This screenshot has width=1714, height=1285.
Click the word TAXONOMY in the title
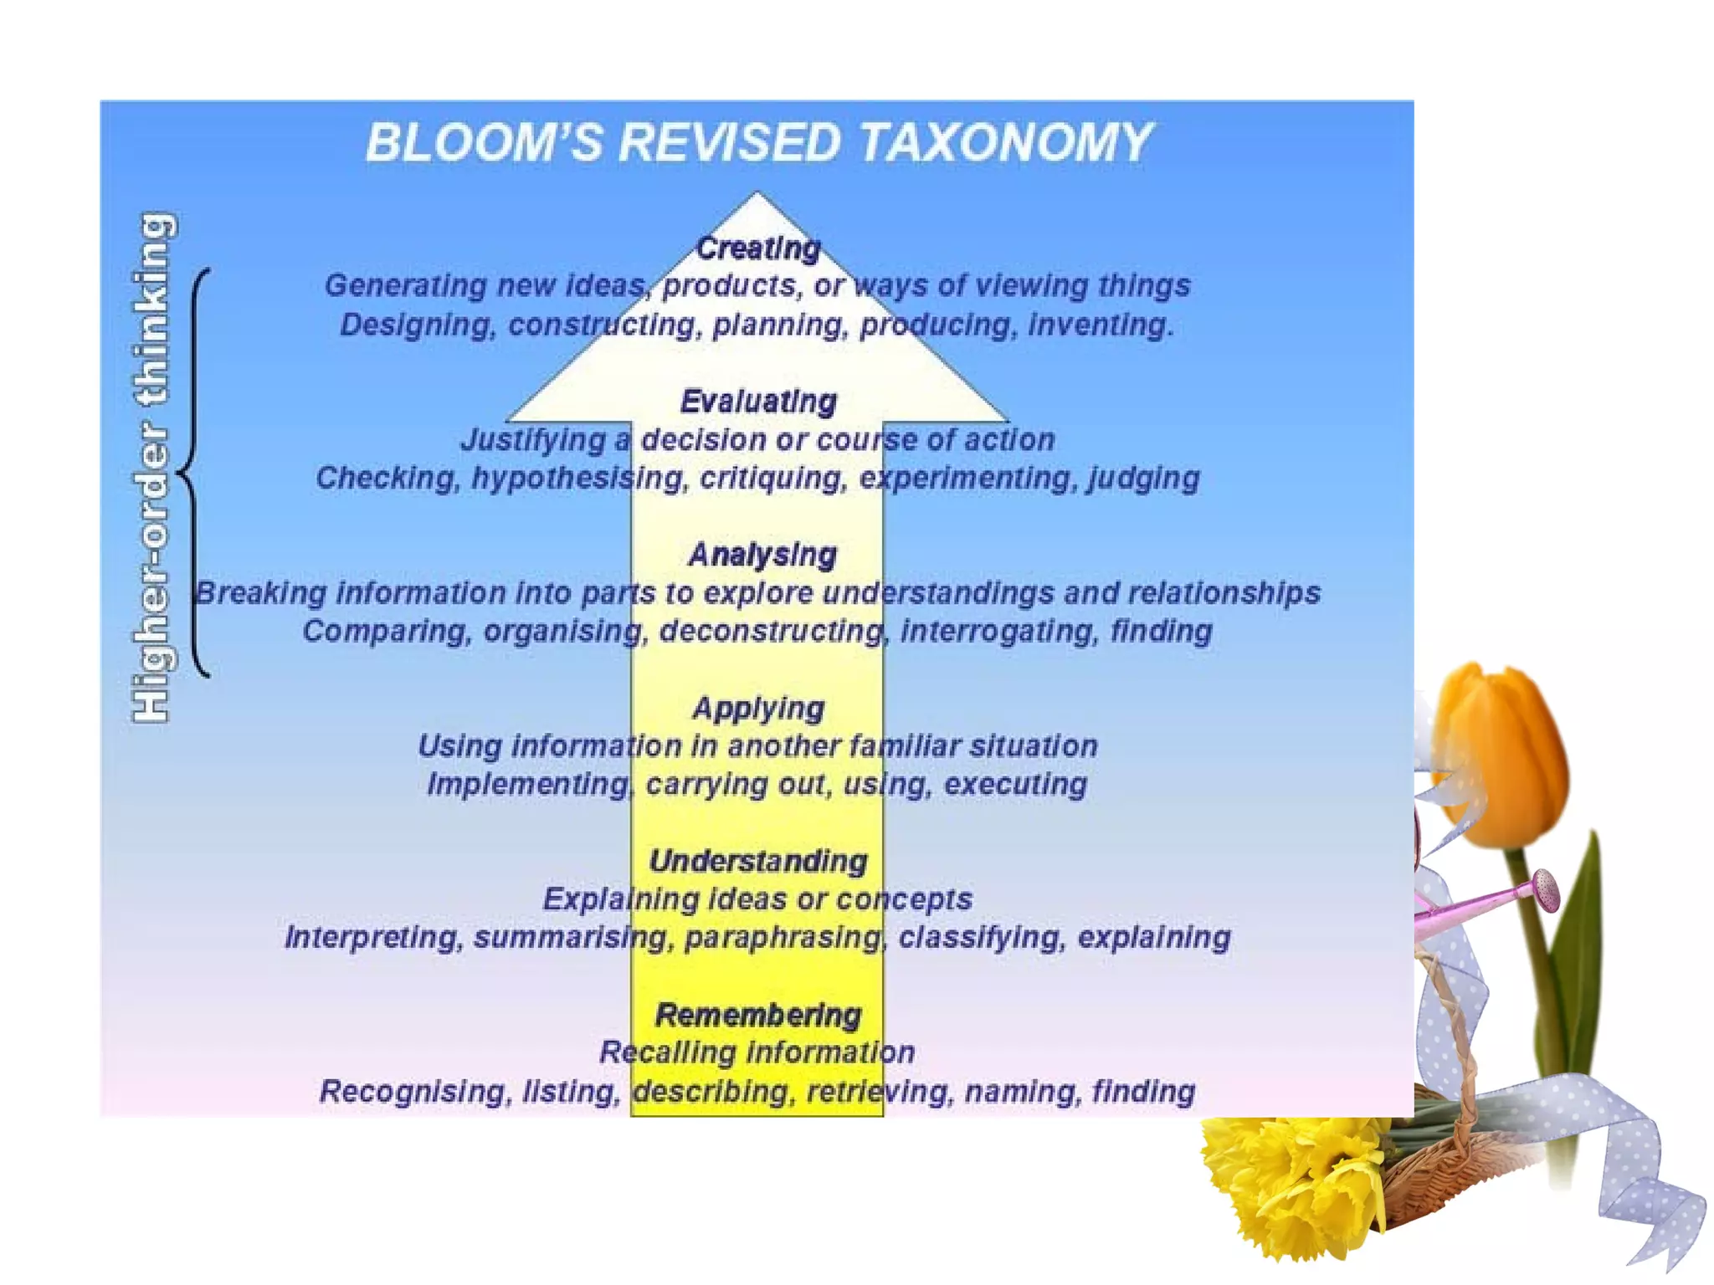tap(1005, 143)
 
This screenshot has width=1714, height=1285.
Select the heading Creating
tap(758, 248)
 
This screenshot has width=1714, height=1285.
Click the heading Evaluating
tap(758, 402)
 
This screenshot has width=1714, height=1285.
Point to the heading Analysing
tap(762, 555)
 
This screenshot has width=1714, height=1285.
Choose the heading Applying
tap(758, 709)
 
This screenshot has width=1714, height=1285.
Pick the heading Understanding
tap(758, 862)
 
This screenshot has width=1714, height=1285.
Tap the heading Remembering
tap(758, 1015)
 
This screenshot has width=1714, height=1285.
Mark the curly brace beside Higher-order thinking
tap(194, 473)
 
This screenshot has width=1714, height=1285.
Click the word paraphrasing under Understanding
tap(783, 938)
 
